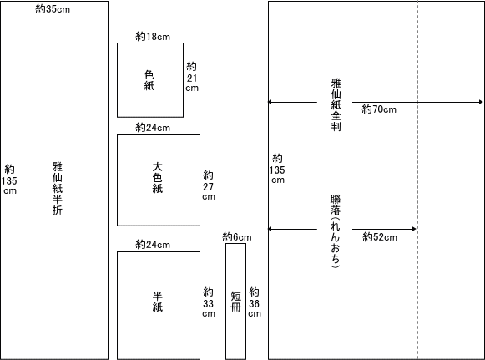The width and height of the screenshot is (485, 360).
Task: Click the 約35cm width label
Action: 53,9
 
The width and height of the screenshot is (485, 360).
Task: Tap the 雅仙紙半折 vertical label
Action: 58,188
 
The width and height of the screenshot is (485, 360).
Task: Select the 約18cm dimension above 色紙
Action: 153,37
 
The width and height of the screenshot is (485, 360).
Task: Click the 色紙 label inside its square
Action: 149,80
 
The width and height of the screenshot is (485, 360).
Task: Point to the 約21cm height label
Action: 192,77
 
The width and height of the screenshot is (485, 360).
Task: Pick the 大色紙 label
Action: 158,178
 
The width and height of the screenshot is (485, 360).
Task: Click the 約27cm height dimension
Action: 209,185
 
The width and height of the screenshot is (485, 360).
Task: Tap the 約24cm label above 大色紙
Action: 153,127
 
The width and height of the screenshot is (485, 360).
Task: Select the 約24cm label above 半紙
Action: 153,245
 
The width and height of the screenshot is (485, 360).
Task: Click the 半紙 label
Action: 158,302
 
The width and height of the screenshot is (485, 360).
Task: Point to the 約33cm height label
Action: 209,302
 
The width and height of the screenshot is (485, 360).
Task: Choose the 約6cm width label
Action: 237,237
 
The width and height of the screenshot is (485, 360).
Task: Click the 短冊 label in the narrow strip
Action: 236,302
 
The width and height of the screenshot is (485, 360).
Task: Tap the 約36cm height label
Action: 255,302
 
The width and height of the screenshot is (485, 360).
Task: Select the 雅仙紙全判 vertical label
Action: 336,104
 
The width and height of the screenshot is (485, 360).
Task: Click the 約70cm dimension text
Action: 379,109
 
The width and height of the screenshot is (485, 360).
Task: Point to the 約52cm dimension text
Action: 380,237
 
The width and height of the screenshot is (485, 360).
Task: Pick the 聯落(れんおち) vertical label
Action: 336,231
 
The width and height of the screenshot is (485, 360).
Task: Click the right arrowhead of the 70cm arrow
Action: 480,102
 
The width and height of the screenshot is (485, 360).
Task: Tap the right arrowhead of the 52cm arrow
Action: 414,229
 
